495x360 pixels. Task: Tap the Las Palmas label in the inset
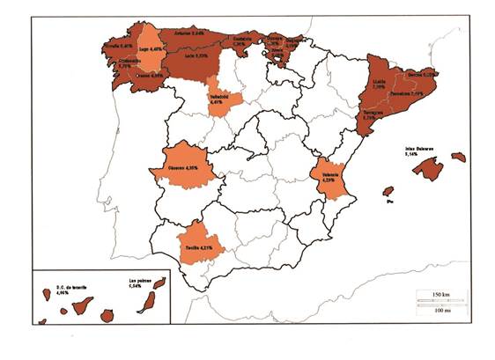click(x=135, y=284)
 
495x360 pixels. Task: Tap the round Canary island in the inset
click(x=108, y=315)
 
